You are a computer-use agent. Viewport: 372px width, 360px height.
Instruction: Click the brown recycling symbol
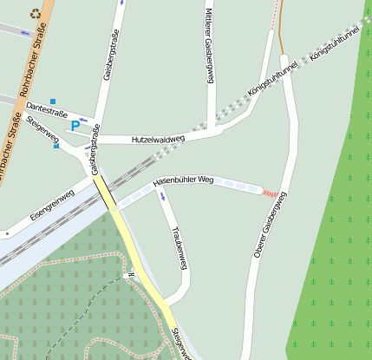[36, 13]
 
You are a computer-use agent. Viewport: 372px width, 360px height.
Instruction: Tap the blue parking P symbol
[75, 126]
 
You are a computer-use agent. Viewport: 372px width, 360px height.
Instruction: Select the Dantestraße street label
[48, 108]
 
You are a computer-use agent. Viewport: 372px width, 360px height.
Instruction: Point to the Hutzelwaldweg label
[158, 139]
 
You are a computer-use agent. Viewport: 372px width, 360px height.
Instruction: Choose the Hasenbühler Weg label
[183, 180]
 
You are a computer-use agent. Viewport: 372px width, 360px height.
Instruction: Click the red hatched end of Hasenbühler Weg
[271, 193]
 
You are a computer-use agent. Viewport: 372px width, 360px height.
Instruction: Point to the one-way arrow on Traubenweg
[162, 196]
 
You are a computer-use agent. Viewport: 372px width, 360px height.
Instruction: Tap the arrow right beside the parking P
[83, 120]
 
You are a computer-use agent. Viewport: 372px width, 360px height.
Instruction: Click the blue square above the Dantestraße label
[53, 101]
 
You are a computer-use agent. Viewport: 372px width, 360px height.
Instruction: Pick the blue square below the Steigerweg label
[56, 146]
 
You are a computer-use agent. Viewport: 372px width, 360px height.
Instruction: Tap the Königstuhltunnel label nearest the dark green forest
[333, 42]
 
